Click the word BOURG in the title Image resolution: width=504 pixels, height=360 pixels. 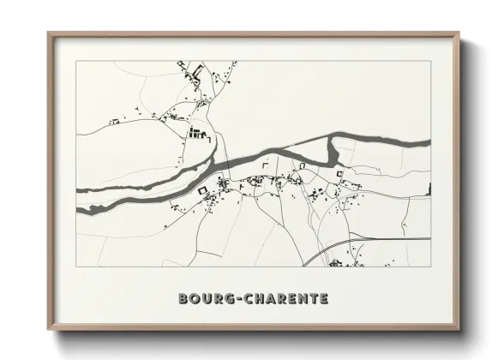[204, 299]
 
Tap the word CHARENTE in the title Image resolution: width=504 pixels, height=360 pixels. [279, 299]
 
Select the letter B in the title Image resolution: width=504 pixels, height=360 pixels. [183, 299]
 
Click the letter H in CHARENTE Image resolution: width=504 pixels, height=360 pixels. [252, 299]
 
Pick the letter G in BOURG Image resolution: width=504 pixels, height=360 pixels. [223, 299]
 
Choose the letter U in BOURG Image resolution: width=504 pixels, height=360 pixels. [203, 299]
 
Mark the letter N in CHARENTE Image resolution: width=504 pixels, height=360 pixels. [298, 299]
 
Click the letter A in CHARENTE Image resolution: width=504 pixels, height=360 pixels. [264, 299]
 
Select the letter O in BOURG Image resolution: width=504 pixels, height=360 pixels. [193, 299]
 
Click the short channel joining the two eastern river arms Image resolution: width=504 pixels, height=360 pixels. [333, 153]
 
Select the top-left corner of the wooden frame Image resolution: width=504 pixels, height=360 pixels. [49, 33]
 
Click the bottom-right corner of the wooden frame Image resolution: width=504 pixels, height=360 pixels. [458, 328]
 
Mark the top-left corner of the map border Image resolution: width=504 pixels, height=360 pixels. [76, 61]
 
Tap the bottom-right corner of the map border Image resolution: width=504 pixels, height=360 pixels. [430, 266]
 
